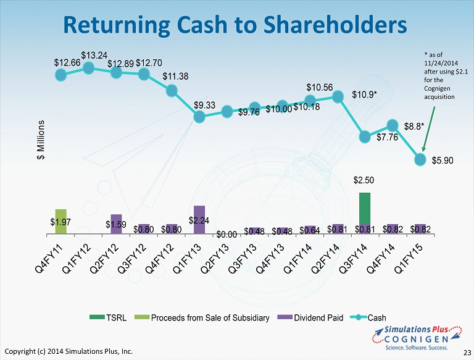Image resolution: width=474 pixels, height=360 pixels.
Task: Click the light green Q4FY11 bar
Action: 60,222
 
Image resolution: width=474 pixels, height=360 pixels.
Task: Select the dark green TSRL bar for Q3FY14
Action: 365,209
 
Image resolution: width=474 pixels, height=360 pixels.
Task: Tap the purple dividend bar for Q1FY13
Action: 199,220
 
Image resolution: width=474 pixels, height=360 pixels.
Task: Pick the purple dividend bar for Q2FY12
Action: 116,224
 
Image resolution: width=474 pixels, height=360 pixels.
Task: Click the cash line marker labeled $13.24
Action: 88,68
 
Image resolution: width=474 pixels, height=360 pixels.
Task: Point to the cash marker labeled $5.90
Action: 420,159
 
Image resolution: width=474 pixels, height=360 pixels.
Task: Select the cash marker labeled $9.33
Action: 199,117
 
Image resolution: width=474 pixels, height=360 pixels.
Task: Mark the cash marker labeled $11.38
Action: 172,90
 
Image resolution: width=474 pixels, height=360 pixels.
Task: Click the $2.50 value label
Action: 364,180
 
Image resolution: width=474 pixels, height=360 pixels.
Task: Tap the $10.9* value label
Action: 364,94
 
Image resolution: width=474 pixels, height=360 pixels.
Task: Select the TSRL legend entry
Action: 108,317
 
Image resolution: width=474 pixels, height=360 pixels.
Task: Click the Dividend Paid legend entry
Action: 310,317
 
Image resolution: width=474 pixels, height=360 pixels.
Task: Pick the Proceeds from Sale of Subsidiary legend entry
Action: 202,317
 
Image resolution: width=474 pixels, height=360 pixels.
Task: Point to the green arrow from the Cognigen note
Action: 429,129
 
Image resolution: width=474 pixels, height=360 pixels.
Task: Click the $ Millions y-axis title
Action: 41,140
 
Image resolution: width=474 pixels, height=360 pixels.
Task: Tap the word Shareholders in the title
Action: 335,25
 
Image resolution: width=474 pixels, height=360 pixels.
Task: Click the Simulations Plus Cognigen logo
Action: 417,338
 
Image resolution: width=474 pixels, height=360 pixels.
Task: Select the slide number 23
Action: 467,353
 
